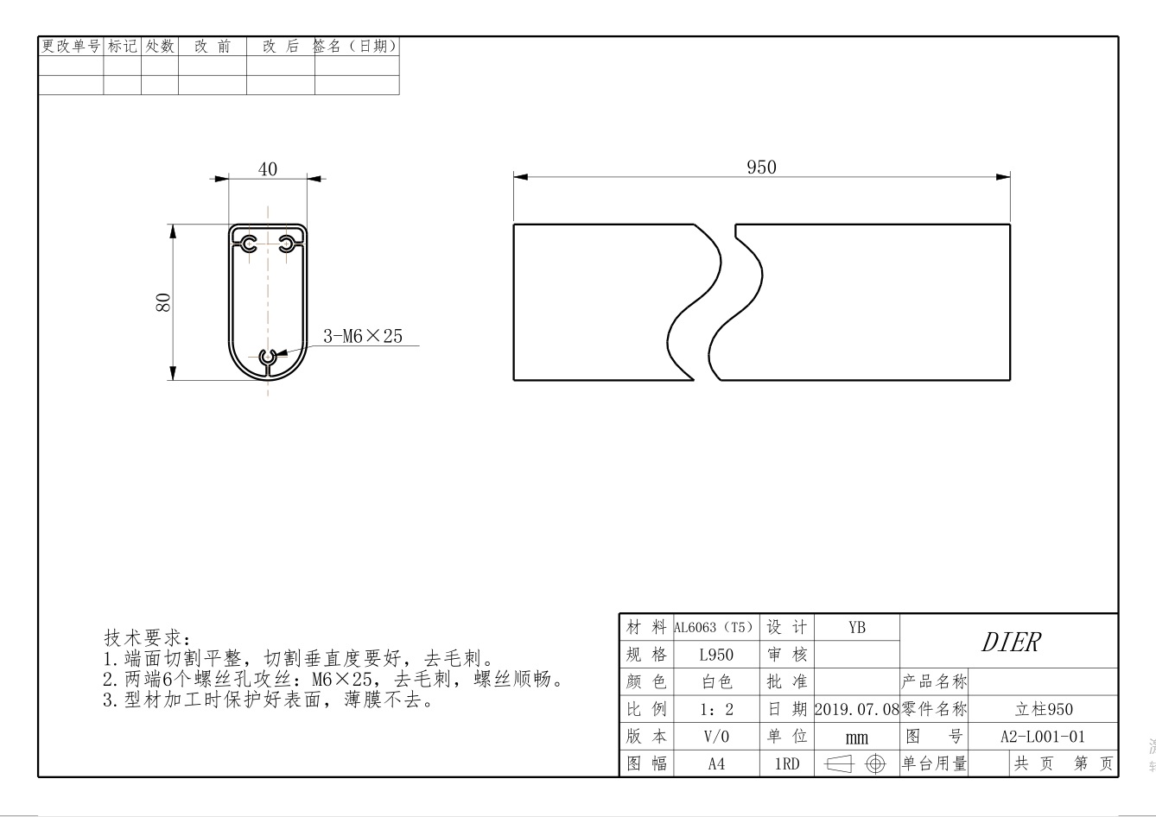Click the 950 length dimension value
tap(761, 168)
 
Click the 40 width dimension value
tap(268, 169)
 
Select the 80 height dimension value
tap(162, 301)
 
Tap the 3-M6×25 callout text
tap(363, 336)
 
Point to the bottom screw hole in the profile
tap(269, 356)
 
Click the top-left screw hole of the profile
tap(250, 244)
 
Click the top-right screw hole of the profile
tap(287, 244)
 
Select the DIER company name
tap(1010, 642)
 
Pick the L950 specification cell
tap(716, 655)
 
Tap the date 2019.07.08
tap(856, 709)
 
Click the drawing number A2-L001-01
tap(1042, 737)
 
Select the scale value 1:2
tap(716, 709)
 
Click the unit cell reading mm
tap(856, 738)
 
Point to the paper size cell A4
tap(716, 764)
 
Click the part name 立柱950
tap(1043, 709)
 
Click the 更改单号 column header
tap(71, 47)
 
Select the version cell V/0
tap(716, 737)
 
